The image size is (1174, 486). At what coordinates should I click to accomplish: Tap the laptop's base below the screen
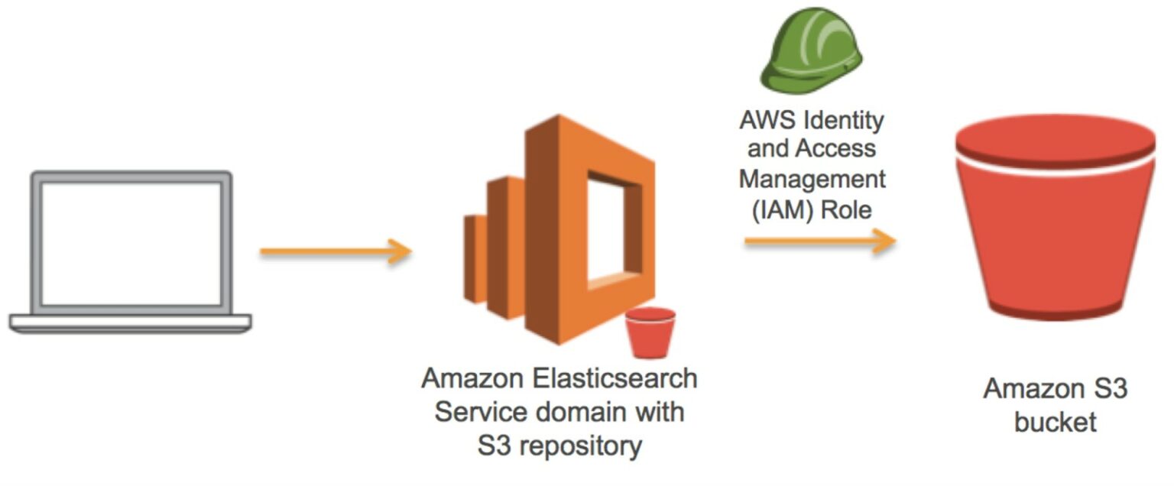pos(131,323)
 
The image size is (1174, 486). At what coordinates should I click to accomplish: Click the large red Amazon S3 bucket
pos(1055,245)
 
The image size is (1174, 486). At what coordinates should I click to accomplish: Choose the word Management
pos(812,180)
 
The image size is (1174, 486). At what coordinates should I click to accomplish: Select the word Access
pos(834,150)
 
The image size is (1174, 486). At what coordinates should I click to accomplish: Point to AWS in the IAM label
pos(764,120)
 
